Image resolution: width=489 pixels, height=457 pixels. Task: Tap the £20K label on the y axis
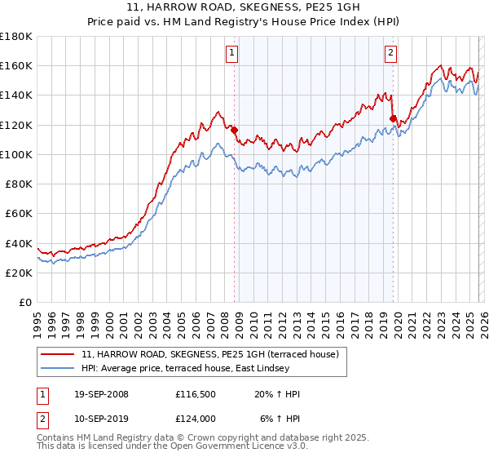tap(20, 273)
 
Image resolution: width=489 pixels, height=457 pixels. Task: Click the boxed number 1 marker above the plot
tap(232, 53)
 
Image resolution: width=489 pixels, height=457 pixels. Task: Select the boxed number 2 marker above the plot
tap(391, 53)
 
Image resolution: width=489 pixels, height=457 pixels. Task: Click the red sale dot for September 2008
tap(234, 130)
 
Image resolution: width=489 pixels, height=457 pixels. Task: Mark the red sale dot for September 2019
tap(392, 118)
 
